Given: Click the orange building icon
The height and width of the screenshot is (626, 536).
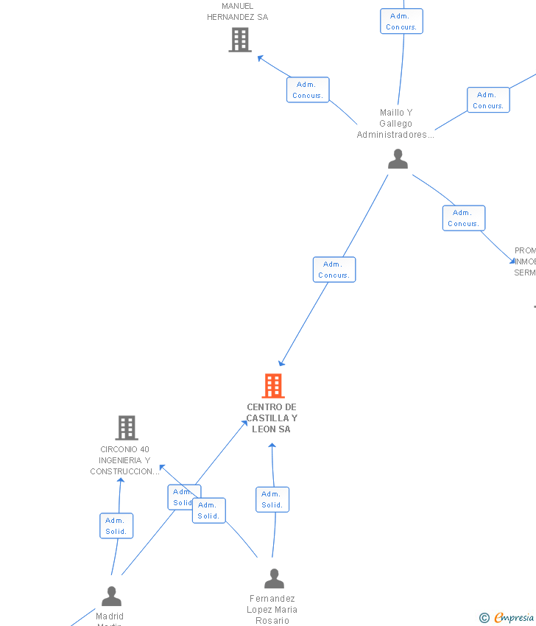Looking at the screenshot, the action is [x=273, y=386].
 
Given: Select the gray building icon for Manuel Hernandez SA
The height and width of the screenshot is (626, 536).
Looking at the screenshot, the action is [x=240, y=40].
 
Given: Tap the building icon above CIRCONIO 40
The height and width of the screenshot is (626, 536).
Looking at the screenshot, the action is [x=127, y=428].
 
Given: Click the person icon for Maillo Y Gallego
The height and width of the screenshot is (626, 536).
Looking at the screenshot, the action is [x=398, y=159].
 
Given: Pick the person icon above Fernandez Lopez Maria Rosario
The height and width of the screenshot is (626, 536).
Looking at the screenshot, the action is [x=274, y=579].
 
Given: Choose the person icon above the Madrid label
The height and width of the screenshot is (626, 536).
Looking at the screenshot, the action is [x=111, y=596].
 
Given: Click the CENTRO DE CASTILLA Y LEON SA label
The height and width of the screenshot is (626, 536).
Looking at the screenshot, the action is [x=272, y=418].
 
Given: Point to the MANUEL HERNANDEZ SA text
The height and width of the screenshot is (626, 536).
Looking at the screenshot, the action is [x=237, y=12].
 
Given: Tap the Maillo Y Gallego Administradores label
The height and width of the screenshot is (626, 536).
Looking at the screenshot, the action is [x=395, y=124].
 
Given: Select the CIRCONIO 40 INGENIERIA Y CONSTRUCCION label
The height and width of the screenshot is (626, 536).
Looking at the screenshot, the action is [x=124, y=460].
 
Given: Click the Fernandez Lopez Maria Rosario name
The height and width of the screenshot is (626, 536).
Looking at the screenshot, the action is [x=272, y=610].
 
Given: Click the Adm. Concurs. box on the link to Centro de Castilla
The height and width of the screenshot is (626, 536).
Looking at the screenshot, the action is [x=334, y=270].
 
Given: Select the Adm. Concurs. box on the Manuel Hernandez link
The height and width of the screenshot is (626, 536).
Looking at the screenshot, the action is [x=308, y=90].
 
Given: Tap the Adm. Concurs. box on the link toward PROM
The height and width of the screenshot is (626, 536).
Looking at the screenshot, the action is [x=464, y=218].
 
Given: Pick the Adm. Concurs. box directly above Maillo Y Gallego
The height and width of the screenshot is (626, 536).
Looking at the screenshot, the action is [x=401, y=21].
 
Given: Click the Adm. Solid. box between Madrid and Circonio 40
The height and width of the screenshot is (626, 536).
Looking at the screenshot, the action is [x=116, y=526].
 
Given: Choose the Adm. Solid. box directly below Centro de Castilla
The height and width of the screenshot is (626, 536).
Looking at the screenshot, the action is [x=272, y=499].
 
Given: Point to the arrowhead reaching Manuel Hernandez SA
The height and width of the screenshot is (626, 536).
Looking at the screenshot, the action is [x=259, y=57].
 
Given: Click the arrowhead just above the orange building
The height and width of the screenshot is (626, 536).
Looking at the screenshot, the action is [x=281, y=363].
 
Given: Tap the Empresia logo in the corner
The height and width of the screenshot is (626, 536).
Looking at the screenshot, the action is [x=507, y=617].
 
